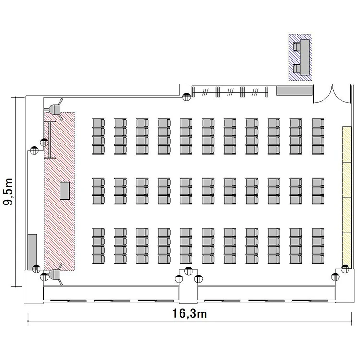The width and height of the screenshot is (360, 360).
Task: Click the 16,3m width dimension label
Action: [x=190, y=313]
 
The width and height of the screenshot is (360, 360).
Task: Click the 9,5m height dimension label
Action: [x=8, y=192]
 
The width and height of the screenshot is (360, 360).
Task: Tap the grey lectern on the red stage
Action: [x=64, y=191]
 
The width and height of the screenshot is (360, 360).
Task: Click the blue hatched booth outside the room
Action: [x=300, y=57]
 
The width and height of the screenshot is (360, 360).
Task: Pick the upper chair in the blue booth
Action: [x=297, y=47]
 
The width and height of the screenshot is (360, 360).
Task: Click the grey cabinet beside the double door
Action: [x=295, y=90]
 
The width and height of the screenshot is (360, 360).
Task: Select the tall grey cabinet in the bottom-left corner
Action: [x=32, y=252]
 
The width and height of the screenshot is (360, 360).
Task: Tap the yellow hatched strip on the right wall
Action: [x=347, y=197]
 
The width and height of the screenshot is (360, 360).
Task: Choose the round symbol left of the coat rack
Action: [x=186, y=97]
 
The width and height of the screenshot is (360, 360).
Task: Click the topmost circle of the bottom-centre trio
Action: [x=189, y=271]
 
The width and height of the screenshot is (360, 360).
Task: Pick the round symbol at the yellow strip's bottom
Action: [x=345, y=269]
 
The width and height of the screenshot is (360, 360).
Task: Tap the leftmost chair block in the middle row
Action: [x=98, y=191]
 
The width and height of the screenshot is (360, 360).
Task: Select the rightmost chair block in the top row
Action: [x=318, y=136]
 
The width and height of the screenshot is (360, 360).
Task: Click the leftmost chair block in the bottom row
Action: [x=98, y=246]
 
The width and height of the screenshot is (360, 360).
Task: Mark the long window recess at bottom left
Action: [x=111, y=293]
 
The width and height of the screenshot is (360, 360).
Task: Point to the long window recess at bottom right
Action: [x=266, y=293]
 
